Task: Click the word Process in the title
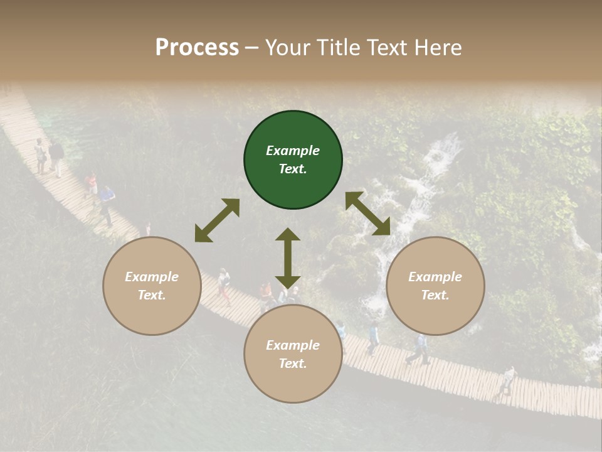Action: (197, 48)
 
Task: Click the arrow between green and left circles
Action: (217, 220)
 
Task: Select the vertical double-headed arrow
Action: (288, 258)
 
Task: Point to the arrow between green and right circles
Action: (367, 213)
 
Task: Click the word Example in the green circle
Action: (293, 151)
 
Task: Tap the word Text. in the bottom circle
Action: (293, 363)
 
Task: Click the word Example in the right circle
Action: (435, 277)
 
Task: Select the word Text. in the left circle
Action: (152, 295)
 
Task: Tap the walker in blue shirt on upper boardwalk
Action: (107, 204)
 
